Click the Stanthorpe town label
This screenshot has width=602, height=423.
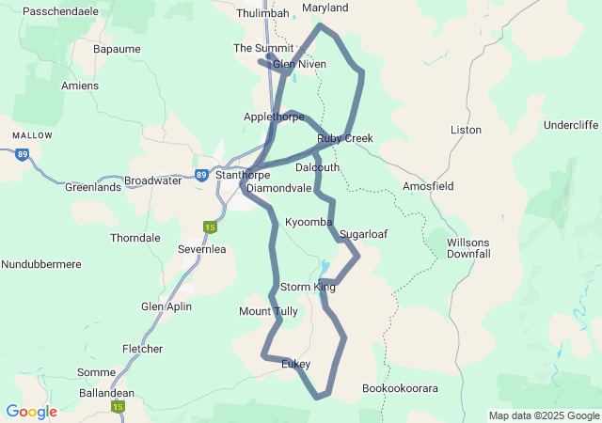243,175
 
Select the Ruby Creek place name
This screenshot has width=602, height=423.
345,138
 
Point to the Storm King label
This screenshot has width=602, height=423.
308,287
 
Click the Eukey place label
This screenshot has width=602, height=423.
295,365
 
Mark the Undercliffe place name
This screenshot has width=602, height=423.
571,125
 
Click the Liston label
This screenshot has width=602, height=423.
467,130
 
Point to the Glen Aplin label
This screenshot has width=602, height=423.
166,306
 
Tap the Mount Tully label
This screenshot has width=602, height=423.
268,311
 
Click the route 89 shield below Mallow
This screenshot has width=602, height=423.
22,154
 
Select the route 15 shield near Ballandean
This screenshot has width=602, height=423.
118,406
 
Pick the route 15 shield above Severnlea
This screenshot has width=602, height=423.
209,227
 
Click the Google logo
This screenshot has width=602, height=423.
31,412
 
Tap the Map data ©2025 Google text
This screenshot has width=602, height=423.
544,416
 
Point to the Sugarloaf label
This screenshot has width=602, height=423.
364,233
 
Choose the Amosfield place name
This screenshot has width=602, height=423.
428,186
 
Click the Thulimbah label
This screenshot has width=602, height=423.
263,13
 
